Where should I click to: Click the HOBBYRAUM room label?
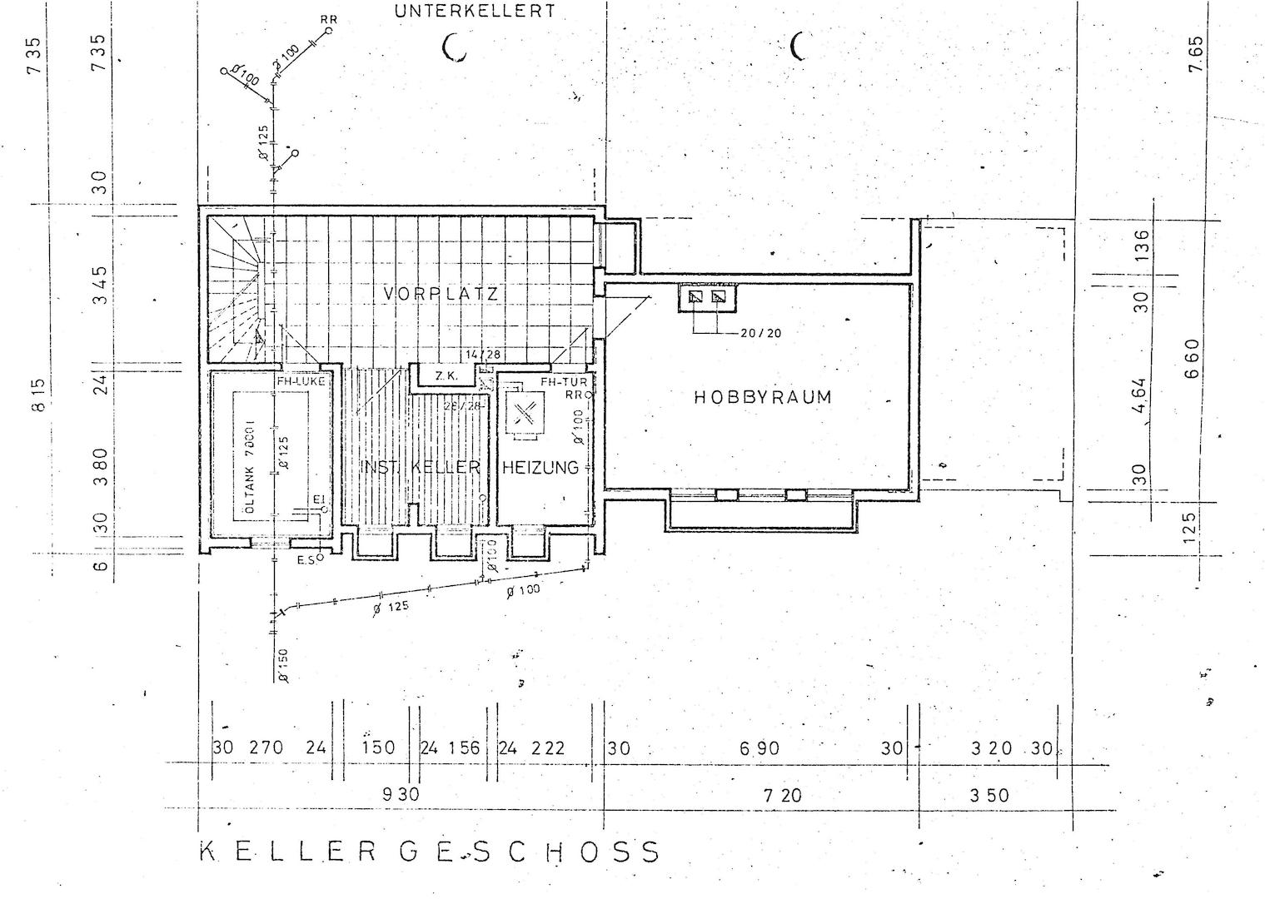click(762, 397)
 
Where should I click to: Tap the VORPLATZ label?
click(441, 294)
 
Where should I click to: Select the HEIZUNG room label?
click(540, 468)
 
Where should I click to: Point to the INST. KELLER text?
click(421, 467)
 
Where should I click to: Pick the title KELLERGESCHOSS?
click(429, 852)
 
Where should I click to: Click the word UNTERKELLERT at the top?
click(475, 12)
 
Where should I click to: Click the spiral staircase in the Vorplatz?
click(237, 291)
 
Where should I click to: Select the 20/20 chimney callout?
click(759, 333)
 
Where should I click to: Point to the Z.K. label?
click(446, 376)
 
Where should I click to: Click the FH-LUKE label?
click(301, 381)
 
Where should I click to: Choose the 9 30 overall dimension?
click(401, 795)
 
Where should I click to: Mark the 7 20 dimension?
click(782, 796)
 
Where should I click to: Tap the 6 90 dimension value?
click(759, 749)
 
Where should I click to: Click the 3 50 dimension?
click(989, 796)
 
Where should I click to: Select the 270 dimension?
click(266, 748)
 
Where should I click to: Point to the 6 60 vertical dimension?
click(1192, 358)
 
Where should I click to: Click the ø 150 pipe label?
click(284, 666)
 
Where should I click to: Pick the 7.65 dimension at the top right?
click(1196, 54)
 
